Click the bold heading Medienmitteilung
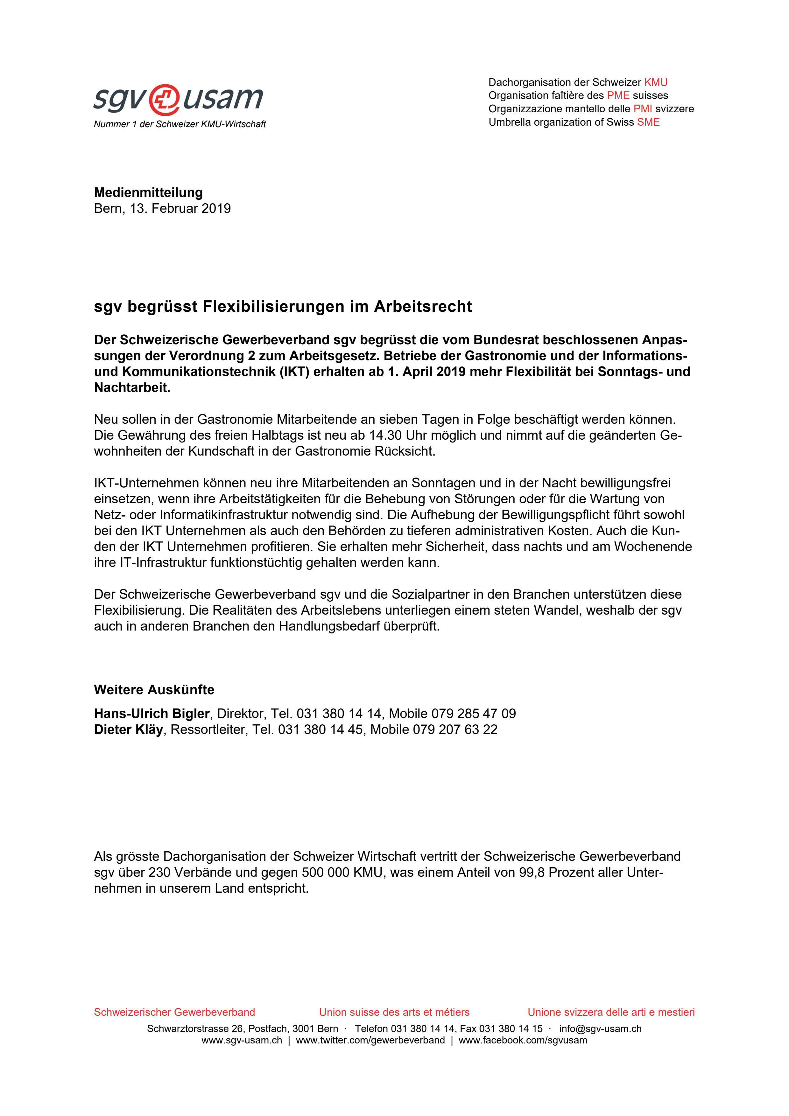pos(148,192)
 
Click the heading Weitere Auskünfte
pos(154,690)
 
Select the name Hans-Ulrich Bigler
pos(151,714)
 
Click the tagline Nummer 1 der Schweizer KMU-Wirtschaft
pos(180,124)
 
